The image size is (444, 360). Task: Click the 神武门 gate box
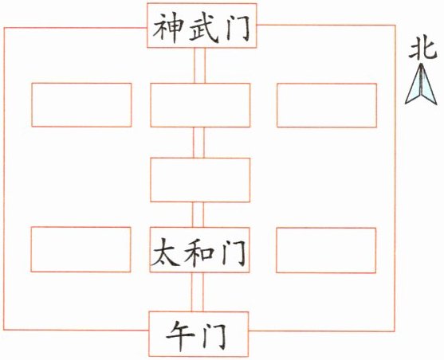(202, 25)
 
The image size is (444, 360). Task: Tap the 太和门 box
(199, 249)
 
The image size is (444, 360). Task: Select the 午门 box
(198, 334)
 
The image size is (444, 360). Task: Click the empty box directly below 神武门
(200, 105)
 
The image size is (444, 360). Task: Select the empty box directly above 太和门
(200, 180)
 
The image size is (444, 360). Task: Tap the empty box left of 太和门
(81, 249)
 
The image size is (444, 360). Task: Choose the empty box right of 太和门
(326, 250)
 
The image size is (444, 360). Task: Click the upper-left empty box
(81, 104)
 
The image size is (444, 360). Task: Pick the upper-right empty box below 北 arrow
(327, 105)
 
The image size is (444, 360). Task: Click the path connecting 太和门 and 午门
(198, 292)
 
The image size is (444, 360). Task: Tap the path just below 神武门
(200, 65)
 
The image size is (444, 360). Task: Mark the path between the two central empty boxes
(198, 143)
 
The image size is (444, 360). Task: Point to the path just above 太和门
(198, 214)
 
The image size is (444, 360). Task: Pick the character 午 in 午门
(180, 336)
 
